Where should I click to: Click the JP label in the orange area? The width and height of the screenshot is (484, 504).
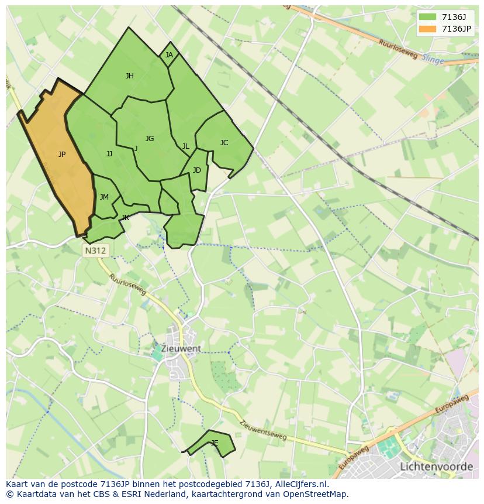tap(62, 155)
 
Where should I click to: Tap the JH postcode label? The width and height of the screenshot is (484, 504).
tap(130, 76)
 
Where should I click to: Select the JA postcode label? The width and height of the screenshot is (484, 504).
tap(169, 55)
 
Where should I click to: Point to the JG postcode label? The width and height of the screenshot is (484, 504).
tap(150, 139)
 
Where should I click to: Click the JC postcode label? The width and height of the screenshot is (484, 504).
tap(224, 143)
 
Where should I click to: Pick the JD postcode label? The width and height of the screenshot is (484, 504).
tap(197, 170)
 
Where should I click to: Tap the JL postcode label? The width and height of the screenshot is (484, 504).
tap(185, 146)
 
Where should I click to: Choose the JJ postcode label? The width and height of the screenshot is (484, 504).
tap(109, 154)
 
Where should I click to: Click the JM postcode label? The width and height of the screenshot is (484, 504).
tap(104, 197)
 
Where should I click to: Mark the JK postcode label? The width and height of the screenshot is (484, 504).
tap(125, 218)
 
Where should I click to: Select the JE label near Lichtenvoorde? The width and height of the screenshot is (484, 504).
tap(215, 443)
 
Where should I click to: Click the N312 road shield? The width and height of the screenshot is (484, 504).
tap(95, 251)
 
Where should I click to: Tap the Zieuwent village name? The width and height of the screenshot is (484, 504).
tap(182, 348)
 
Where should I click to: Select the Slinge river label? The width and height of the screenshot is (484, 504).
tap(433, 60)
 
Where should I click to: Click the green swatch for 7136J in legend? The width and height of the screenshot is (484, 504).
tap(427, 17)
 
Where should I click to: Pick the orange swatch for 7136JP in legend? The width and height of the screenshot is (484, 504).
tap(427, 29)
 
